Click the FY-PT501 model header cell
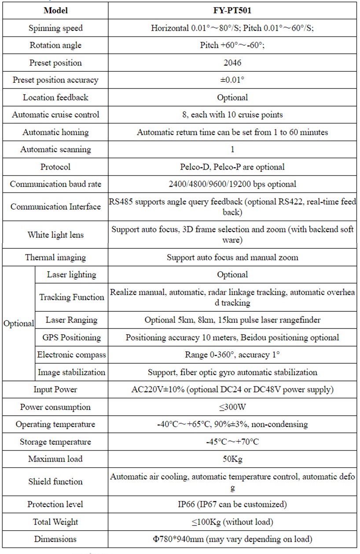point(232,11)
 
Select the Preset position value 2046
point(232,63)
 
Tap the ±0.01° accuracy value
point(232,80)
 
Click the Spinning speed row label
point(55,28)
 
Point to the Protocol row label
point(55,167)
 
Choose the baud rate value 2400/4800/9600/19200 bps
point(232,184)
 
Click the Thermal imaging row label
point(55,257)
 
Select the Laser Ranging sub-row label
point(71,320)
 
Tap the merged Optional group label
point(18,323)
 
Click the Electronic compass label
point(71,355)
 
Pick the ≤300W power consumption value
point(232,407)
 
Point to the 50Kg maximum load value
point(232,459)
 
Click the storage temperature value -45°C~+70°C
point(232,442)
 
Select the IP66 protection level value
point(232,504)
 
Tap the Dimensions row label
point(55,539)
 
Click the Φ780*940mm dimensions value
point(232,539)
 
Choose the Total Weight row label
point(55,522)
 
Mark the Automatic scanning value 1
point(232,149)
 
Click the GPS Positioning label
point(71,337)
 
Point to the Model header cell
point(55,11)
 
